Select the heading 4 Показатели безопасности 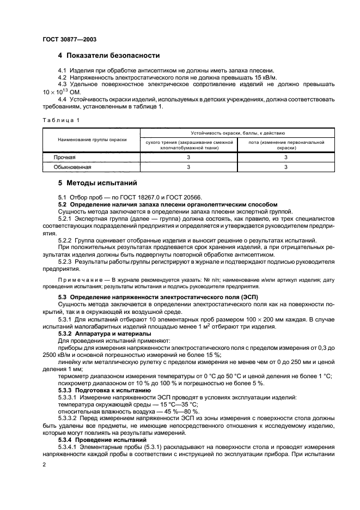(109, 56)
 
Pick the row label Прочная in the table (64, 157)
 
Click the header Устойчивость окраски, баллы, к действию (237, 133)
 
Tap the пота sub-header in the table (286, 144)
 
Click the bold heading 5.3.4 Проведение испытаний (102, 439)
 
